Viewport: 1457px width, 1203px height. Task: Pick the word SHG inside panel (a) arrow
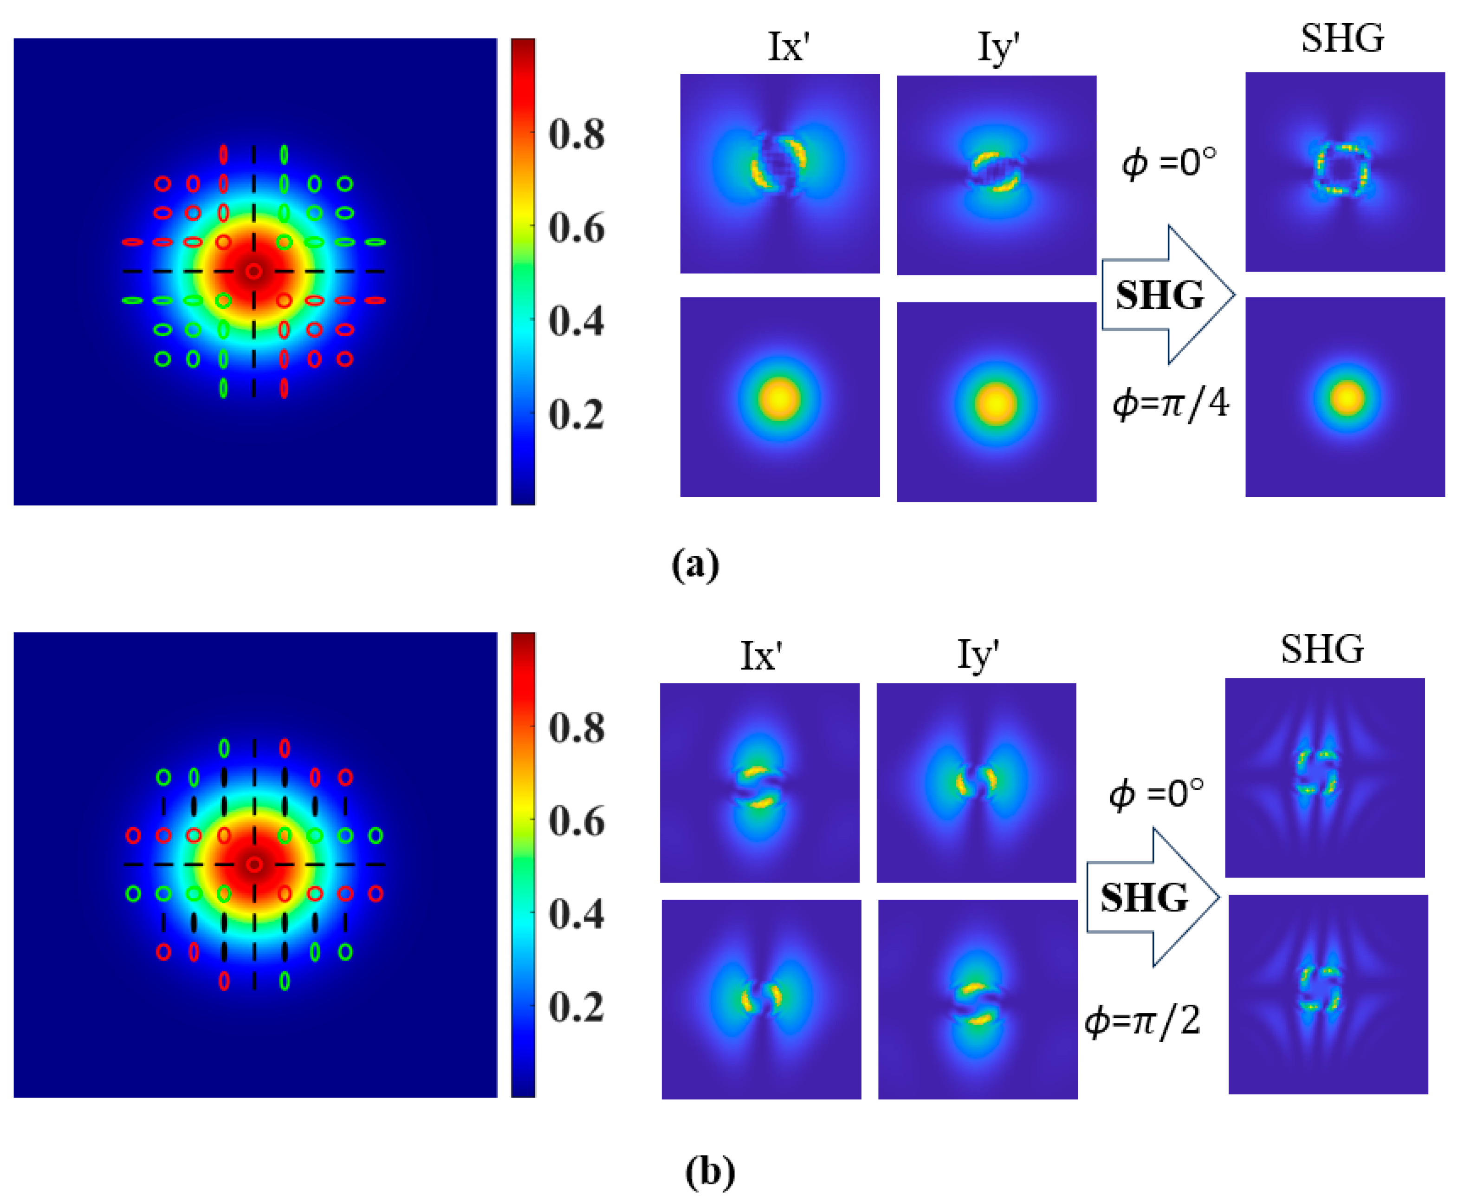[1159, 295]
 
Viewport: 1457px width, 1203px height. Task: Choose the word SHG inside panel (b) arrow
[1144, 897]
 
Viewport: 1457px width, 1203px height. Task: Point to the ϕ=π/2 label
[1142, 1021]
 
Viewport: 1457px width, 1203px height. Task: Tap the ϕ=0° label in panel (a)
[1169, 163]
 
